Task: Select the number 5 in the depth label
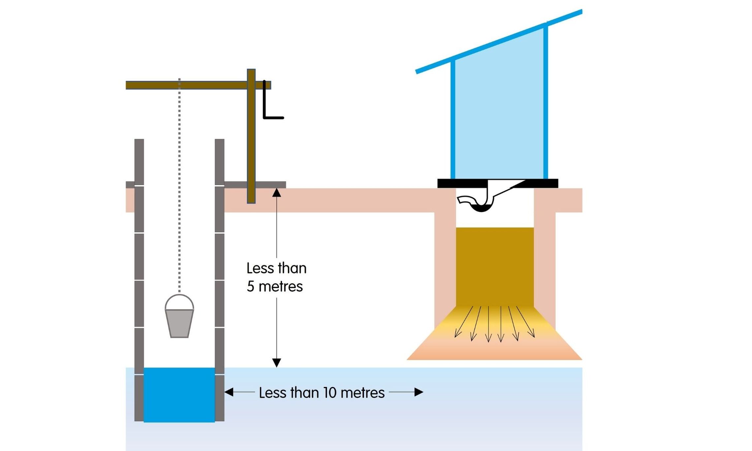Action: pyautogui.click(x=251, y=286)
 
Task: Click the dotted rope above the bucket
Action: pyautogui.click(x=179, y=185)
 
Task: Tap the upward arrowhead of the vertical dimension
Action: pyautogui.click(x=276, y=193)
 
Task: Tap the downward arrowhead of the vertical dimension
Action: pyautogui.click(x=276, y=363)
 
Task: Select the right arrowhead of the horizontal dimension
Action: pyautogui.click(x=419, y=392)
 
